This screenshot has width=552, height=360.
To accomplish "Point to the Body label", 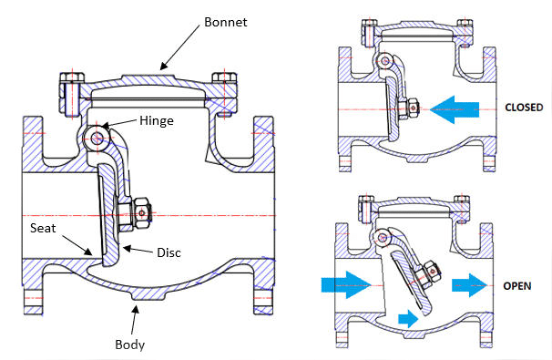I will (x=129, y=345).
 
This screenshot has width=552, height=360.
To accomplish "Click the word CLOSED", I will (x=523, y=108).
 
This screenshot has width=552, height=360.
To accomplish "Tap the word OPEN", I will (x=516, y=285).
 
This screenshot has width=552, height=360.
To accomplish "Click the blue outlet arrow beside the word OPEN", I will (x=471, y=284).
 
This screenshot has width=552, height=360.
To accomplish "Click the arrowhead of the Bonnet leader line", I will (x=162, y=66).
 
